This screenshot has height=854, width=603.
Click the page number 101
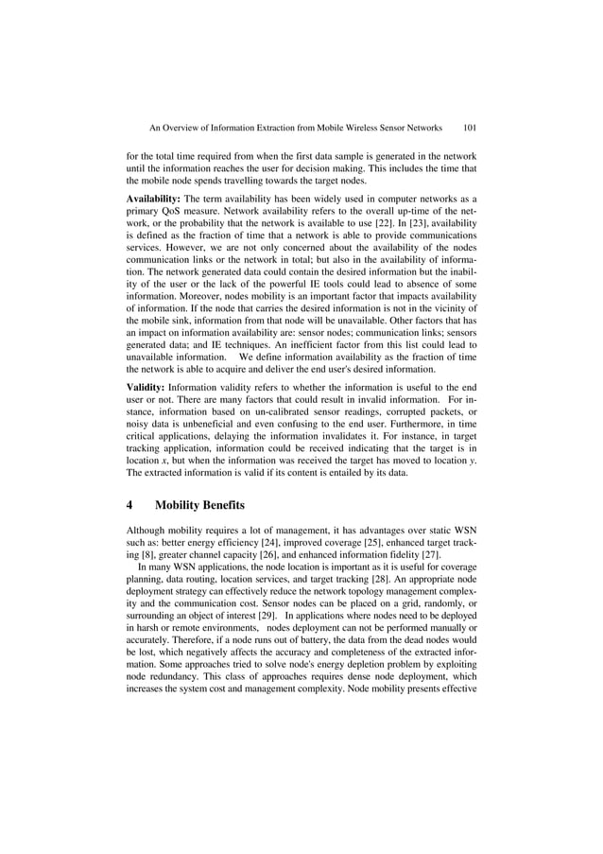tap(468, 125)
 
